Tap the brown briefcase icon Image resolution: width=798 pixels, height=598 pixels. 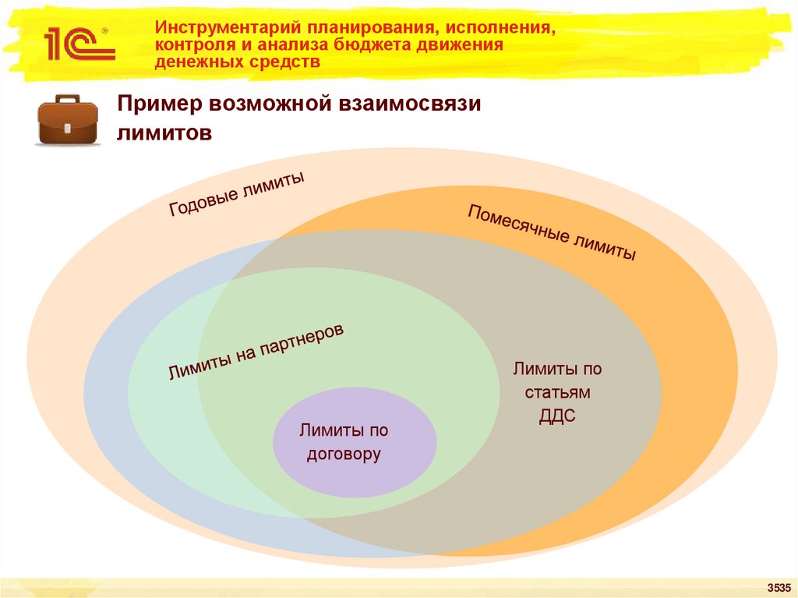(x=68, y=120)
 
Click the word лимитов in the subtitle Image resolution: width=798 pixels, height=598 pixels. (x=164, y=133)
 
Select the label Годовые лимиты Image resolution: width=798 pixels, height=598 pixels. (x=236, y=195)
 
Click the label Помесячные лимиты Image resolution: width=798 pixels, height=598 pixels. (x=552, y=232)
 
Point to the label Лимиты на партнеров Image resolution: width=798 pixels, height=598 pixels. (x=256, y=352)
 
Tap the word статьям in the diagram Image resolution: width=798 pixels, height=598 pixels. (x=557, y=392)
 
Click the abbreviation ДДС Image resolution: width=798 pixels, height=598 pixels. (x=557, y=416)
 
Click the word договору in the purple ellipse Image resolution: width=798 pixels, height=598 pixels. (x=344, y=454)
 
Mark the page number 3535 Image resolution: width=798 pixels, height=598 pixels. (x=779, y=587)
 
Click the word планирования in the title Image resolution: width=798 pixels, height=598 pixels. (x=350, y=27)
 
